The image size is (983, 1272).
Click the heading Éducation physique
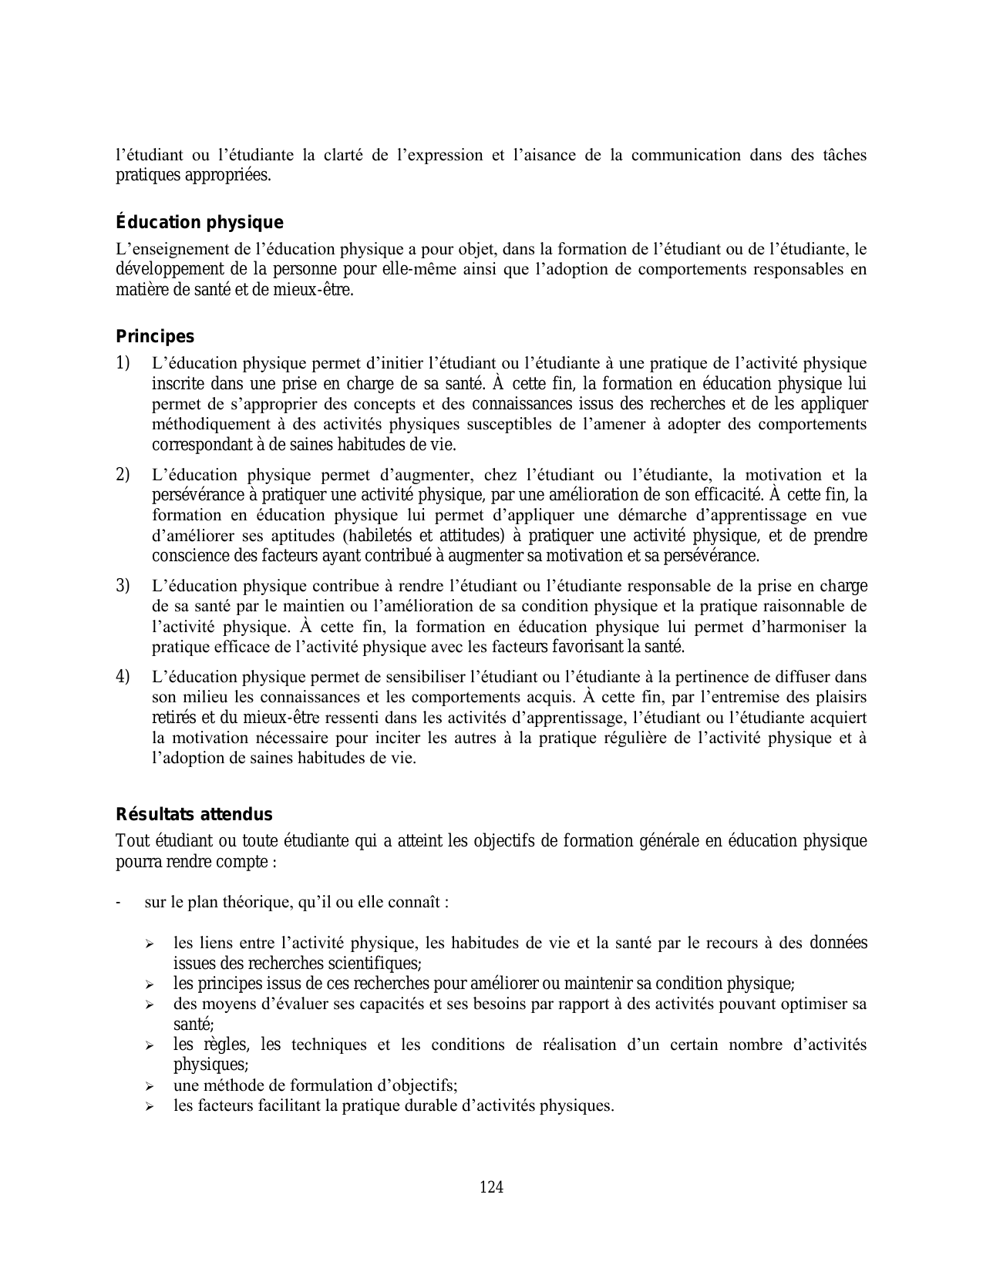[x=200, y=223]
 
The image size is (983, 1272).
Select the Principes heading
[x=155, y=337]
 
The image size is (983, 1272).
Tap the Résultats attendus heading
[x=194, y=815]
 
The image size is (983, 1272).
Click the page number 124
[x=491, y=1187]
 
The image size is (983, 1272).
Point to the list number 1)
[x=123, y=362]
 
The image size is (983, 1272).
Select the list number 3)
[x=123, y=585]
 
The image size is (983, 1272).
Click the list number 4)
[x=123, y=677]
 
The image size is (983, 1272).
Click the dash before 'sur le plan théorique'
[x=118, y=902]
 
